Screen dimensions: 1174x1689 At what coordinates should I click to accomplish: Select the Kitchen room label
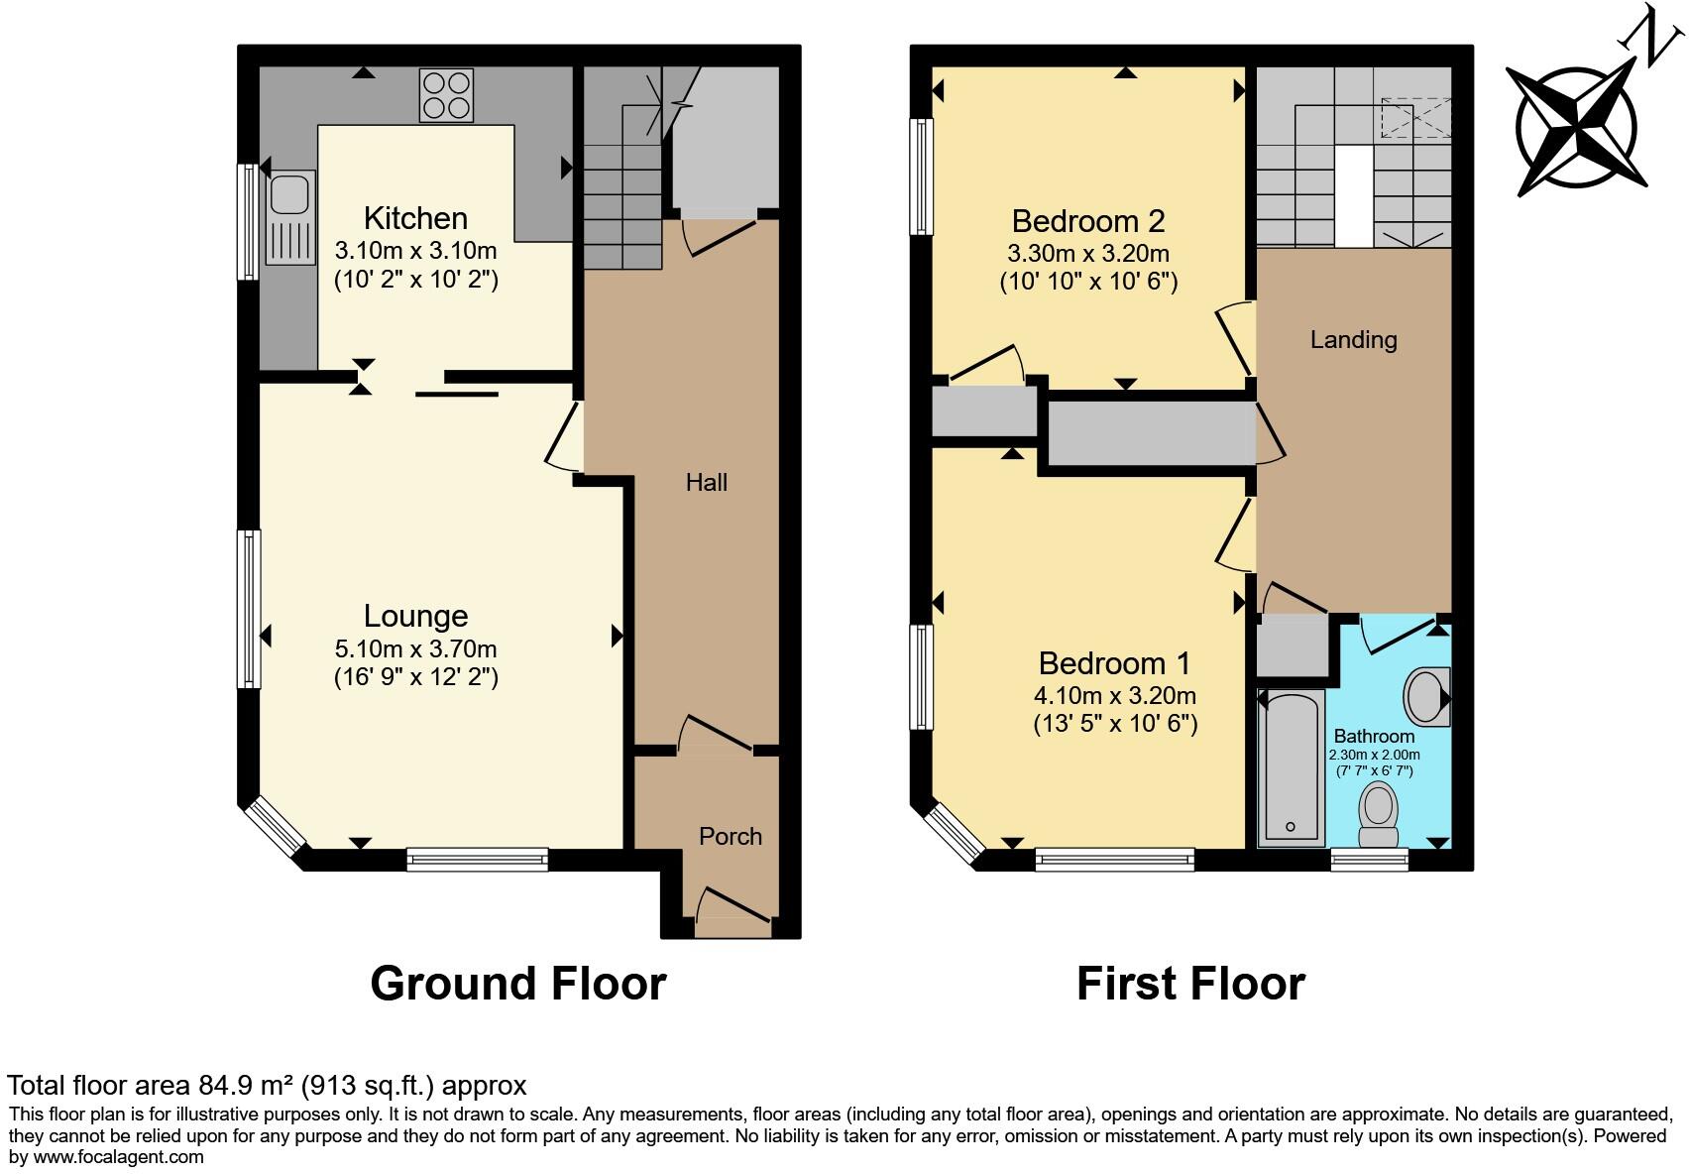pyautogui.click(x=415, y=218)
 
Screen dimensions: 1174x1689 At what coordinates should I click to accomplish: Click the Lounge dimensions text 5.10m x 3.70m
pyautogui.click(x=415, y=649)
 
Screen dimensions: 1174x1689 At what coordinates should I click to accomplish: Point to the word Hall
pyautogui.click(x=707, y=483)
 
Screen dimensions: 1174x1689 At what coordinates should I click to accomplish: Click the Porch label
pyautogui.click(x=731, y=837)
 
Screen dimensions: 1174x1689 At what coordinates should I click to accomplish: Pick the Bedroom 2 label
pyautogui.click(x=1087, y=220)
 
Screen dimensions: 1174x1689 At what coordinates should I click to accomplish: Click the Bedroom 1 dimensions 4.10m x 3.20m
pyautogui.click(x=1115, y=695)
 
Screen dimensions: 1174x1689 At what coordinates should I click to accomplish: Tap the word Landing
pyautogui.click(x=1353, y=340)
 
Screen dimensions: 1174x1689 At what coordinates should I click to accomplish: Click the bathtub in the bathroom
pyautogui.click(x=1291, y=767)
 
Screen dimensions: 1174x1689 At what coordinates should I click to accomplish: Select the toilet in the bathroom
pyautogui.click(x=1378, y=813)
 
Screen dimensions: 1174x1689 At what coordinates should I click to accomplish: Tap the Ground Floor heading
pyautogui.click(x=517, y=984)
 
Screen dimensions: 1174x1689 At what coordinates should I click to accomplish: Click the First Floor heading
pyautogui.click(x=1190, y=984)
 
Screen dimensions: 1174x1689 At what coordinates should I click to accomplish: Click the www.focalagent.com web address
pyautogui.click(x=118, y=1156)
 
